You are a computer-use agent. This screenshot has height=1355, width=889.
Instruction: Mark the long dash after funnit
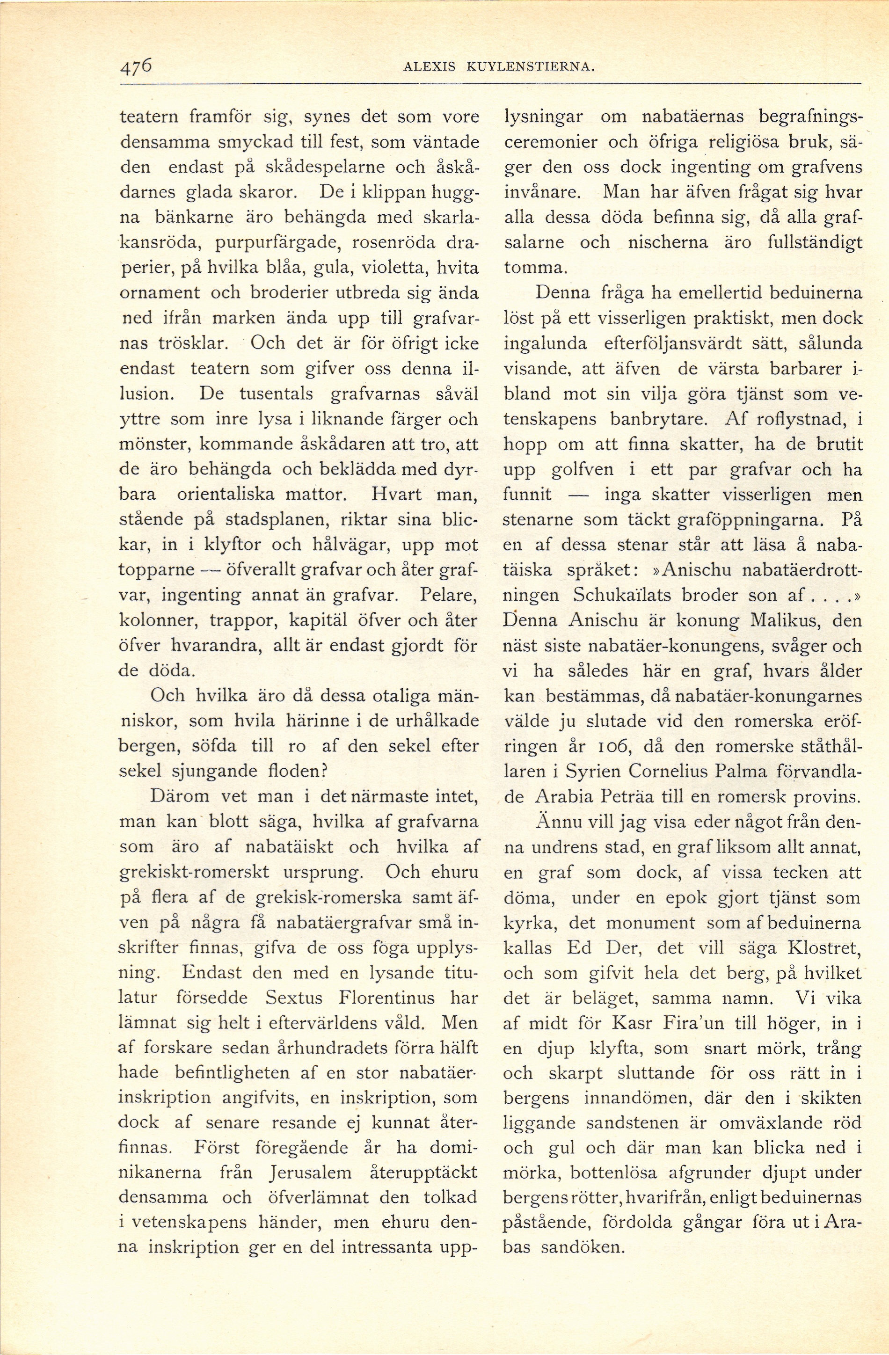tap(577, 494)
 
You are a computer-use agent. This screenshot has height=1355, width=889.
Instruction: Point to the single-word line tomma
tap(532, 268)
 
